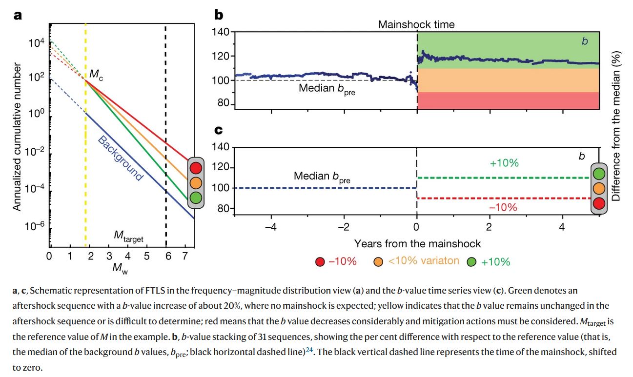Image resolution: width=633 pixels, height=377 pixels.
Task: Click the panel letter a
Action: pyautogui.click(x=18, y=16)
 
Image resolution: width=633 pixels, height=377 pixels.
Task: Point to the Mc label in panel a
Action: pyautogui.click(x=96, y=75)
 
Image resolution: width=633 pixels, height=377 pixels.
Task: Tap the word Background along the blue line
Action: pyautogui.click(x=120, y=158)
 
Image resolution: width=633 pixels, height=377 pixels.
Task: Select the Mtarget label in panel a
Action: pyautogui.click(x=128, y=237)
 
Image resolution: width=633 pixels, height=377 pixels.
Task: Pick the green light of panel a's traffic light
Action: pyautogui.click(x=196, y=198)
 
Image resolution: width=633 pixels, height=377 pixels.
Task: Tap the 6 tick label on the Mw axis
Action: pyautogui.click(x=168, y=257)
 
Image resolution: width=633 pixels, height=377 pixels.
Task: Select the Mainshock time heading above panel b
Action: pyautogui.click(x=416, y=24)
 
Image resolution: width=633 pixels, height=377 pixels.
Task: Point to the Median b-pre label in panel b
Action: pyautogui.click(x=327, y=89)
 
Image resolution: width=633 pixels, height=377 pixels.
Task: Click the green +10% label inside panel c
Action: pyautogui.click(x=504, y=163)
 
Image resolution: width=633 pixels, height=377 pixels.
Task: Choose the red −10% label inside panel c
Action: pyautogui.click(x=503, y=207)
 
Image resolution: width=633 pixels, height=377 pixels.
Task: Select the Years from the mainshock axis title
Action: pyautogui.click(x=417, y=243)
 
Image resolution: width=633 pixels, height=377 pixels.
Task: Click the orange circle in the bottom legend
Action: pyautogui.click(x=378, y=261)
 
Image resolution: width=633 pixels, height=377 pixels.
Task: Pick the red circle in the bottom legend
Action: pyautogui.click(x=320, y=261)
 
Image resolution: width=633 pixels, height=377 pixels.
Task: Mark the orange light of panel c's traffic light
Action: pyautogui.click(x=598, y=188)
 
